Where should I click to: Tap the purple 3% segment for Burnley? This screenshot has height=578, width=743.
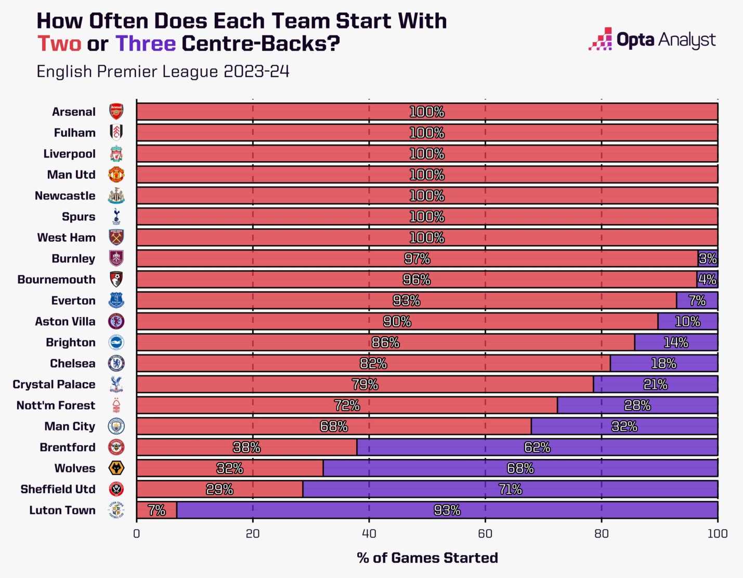tap(708, 258)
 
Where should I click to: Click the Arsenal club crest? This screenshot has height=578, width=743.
tap(116, 112)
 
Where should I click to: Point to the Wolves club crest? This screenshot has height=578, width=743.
tap(116, 468)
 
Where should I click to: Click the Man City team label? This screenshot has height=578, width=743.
tap(70, 426)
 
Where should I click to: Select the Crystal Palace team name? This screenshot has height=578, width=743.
tap(54, 385)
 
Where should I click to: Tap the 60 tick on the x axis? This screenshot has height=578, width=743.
tap(485, 534)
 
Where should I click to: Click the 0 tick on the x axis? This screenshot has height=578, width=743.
tap(137, 534)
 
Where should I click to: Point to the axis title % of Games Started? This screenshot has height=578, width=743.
tap(427, 558)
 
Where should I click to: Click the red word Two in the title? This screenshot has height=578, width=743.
tap(59, 44)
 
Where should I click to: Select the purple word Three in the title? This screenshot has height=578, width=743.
tap(146, 44)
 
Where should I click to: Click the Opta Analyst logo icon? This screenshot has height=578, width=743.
tap(600, 40)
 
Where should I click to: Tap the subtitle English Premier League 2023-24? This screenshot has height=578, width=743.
tap(163, 71)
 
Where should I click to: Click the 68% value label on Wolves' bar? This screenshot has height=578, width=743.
tap(520, 468)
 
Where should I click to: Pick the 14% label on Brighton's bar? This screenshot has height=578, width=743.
tap(676, 343)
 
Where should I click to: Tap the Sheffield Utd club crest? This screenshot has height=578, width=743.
tap(116, 489)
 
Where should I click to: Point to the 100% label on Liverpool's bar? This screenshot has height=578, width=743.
tap(427, 154)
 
